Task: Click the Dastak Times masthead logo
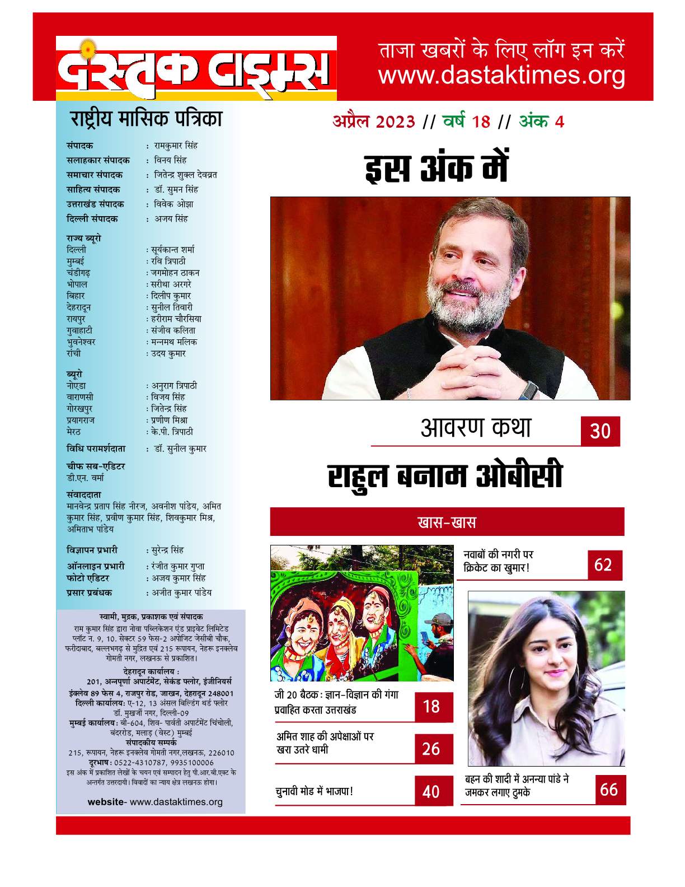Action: coord(196,68)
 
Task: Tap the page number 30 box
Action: coord(600,431)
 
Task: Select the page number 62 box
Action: coord(604,564)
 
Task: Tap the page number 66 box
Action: coord(609,790)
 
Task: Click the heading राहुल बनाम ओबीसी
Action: coord(445,477)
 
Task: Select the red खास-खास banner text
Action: coord(447,522)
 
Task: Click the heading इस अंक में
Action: coord(437,169)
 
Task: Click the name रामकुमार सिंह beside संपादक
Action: coord(176,146)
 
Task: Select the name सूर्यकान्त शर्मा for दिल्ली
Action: coord(172,249)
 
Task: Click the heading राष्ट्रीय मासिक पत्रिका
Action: coord(146,119)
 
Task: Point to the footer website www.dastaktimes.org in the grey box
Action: coord(155,802)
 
